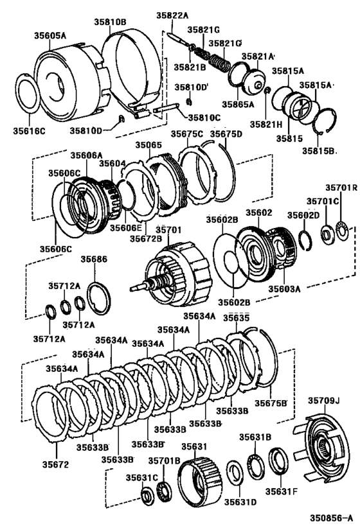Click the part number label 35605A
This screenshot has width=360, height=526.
pyautogui.click(x=50, y=35)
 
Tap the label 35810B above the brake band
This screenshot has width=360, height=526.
pyautogui.click(x=110, y=22)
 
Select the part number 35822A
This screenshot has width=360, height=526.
pyautogui.click(x=172, y=15)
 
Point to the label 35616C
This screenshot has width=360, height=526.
pyautogui.click(x=29, y=130)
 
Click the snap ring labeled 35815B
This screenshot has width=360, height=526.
pyautogui.click(x=325, y=122)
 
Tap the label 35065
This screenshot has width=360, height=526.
pyautogui.click(x=148, y=145)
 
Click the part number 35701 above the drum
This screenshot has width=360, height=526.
pyautogui.click(x=168, y=230)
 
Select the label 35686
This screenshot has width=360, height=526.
pyautogui.click(x=94, y=259)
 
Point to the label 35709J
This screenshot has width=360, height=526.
pyautogui.click(x=324, y=400)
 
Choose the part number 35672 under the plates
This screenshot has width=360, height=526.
pyautogui.click(x=55, y=464)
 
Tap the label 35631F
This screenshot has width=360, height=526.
pyautogui.click(x=282, y=491)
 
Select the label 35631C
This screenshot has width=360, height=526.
pyautogui.click(x=141, y=477)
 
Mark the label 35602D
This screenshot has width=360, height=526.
pyautogui.click(x=303, y=215)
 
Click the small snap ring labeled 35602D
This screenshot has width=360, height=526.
pyautogui.click(x=306, y=241)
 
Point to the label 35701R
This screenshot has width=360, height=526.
pyautogui.click(x=341, y=188)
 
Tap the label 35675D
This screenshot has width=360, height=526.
pyautogui.click(x=226, y=134)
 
